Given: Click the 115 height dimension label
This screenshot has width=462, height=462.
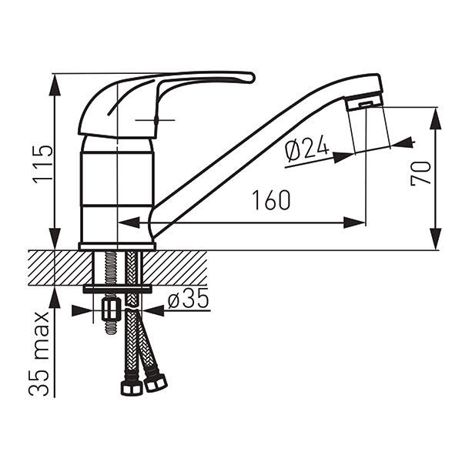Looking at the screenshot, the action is pyautogui.click(x=43, y=165).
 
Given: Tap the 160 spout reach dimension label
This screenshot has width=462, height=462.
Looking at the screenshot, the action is pyautogui.click(x=271, y=200).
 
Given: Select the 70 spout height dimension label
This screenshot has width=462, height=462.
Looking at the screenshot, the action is pyautogui.click(x=420, y=173).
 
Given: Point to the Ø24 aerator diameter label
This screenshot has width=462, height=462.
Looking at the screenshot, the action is pyautogui.click(x=306, y=149).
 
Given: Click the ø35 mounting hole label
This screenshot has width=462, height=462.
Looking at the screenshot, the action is pyautogui.click(x=189, y=299).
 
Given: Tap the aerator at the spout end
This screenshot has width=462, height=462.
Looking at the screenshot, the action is pyautogui.click(x=364, y=102).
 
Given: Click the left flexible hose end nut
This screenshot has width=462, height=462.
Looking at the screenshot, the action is pyautogui.click(x=131, y=388).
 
